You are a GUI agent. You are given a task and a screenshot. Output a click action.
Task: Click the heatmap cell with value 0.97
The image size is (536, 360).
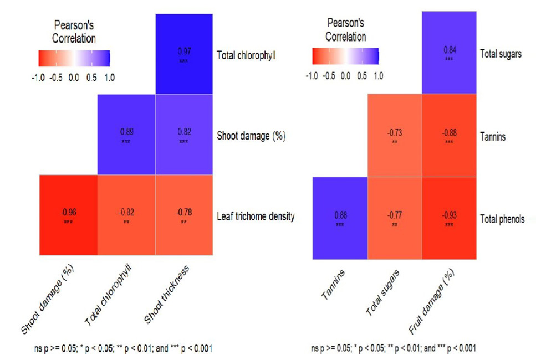click(x=184, y=54)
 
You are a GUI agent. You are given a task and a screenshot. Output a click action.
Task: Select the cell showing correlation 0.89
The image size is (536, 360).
click(x=126, y=135)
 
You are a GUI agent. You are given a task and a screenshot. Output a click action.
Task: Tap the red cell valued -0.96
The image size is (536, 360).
click(x=68, y=215)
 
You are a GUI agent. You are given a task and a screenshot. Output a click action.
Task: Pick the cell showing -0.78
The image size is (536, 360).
click(x=184, y=215)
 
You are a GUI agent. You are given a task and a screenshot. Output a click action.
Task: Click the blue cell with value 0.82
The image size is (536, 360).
click(x=184, y=135)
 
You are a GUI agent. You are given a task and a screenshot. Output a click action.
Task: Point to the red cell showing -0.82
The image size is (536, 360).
click(x=126, y=215)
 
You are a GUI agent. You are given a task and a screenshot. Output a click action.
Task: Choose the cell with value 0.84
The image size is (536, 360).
click(x=449, y=52)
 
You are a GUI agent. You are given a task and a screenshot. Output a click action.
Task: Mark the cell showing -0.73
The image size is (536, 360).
click(x=395, y=135)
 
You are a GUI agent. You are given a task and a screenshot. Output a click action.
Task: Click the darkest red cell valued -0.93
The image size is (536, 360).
click(x=449, y=218)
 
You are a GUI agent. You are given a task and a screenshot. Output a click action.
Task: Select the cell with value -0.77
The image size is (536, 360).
click(x=395, y=218)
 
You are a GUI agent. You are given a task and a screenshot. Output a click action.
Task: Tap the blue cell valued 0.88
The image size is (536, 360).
click(x=340, y=218)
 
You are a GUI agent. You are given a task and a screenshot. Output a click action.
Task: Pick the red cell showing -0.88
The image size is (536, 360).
click(x=449, y=135)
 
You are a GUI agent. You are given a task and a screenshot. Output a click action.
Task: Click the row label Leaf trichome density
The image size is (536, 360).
click(x=256, y=216)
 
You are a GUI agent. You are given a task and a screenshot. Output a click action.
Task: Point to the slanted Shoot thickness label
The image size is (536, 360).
click(x=166, y=294)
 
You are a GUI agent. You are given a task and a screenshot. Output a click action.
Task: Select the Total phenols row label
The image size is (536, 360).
click(x=502, y=219)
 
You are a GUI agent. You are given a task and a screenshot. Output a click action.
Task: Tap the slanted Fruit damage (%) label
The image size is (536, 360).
click(x=431, y=301)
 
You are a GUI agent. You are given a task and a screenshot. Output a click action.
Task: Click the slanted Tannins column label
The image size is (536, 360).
click(x=333, y=285)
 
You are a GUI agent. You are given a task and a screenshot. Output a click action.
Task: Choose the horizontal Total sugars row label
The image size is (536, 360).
click(x=501, y=54)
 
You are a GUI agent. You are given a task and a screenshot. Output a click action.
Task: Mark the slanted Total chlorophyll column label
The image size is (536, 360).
click(x=108, y=295)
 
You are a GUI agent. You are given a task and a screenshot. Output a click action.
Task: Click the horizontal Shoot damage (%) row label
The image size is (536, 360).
click(x=251, y=136)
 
